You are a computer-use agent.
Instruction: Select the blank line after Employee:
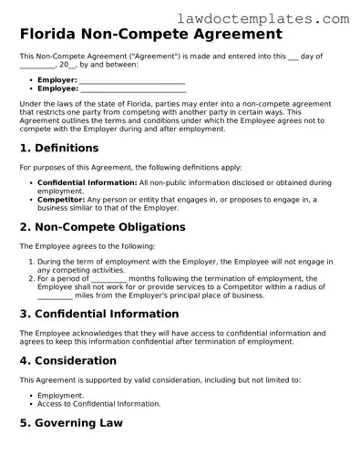[133, 90]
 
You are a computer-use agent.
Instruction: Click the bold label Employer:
[57, 80]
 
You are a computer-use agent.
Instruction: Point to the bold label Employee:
[57, 89]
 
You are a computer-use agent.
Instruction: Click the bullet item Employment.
[60, 395]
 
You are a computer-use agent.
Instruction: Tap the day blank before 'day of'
[293, 57]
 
